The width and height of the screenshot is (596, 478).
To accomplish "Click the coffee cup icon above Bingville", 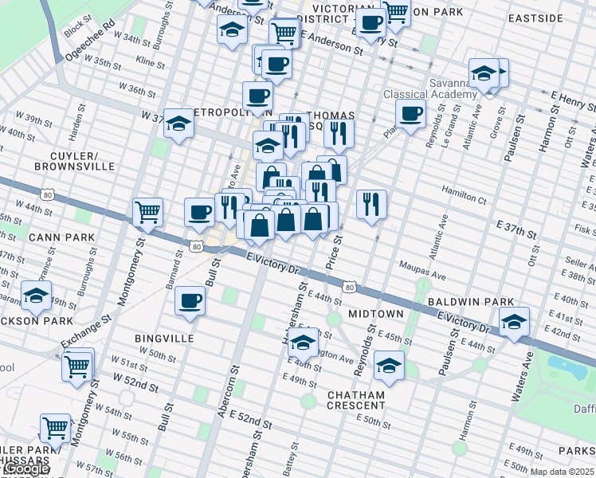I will pos(190,301).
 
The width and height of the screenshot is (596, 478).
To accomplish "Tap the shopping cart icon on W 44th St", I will pos(147,212).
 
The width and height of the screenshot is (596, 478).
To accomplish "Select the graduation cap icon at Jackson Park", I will pos(36,296).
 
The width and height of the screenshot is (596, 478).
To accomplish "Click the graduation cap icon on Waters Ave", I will pos(514,323).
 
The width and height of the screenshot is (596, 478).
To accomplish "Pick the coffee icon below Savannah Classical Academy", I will pos(411,114).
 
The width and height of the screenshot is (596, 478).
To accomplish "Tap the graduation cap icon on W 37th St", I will pos(179,123).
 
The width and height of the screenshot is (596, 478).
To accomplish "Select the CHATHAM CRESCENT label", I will pos(355,400).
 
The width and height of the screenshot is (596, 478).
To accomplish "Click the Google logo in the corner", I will pos(25,469).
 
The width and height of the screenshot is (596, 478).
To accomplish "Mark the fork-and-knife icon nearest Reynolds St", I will pos(371,204).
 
